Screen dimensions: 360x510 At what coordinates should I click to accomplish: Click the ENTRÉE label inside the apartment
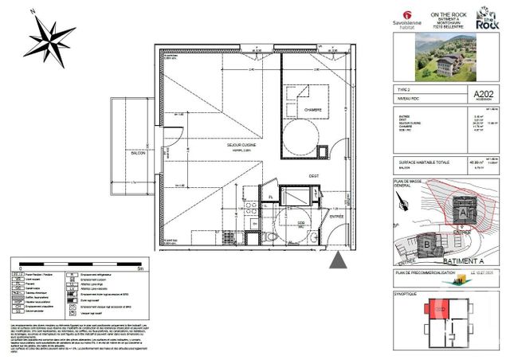[x=338, y=215]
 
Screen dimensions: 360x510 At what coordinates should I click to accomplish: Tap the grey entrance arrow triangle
[x=339, y=260]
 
